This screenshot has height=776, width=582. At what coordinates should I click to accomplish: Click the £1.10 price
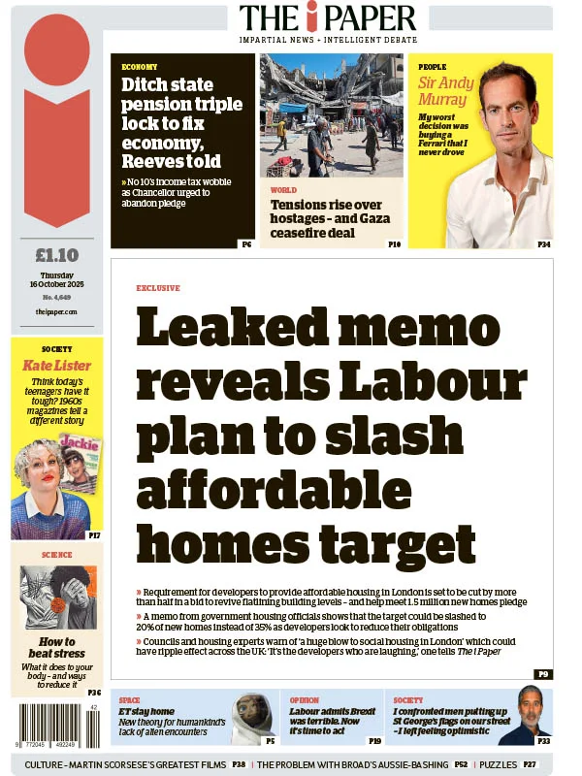click(x=56, y=256)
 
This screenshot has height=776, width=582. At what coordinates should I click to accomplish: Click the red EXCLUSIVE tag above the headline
click(x=157, y=288)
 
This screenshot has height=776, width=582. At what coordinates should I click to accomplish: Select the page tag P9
click(x=542, y=673)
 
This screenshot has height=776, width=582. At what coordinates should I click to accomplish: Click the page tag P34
click(x=543, y=244)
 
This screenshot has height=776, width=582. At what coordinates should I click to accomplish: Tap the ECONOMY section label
click(x=140, y=67)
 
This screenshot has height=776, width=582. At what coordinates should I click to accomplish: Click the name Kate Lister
click(x=56, y=366)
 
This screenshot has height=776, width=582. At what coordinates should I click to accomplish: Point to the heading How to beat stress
click(x=57, y=648)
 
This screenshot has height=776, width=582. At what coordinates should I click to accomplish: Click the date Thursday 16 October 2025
click(x=56, y=281)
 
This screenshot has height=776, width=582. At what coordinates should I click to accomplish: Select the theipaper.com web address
click(x=56, y=311)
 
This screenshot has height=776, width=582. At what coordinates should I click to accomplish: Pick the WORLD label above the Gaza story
click(x=283, y=190)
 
